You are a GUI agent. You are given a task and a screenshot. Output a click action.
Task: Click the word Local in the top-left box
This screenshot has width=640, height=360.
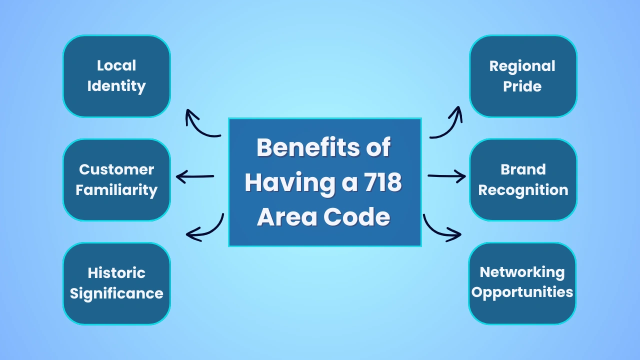pyautogui.click(x=116, y=65)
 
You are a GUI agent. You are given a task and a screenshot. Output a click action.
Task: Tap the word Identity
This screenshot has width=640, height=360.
pyautogui.click(x=116, y=86)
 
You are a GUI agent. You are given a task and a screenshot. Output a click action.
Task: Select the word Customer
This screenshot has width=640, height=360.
pyautogui.click(x=116, y=169)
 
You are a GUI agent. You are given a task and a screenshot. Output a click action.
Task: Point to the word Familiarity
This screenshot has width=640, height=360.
pyautogui.click(x=116, y=190)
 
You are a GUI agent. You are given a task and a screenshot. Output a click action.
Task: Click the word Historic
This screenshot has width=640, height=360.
pyautogui.click(x=116, y=273)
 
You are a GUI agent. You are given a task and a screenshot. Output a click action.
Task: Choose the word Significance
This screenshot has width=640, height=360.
pyautogui.click(x=116, y=293)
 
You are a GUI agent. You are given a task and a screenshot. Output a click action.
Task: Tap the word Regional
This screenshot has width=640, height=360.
pyautogui.click(x=522, y=66)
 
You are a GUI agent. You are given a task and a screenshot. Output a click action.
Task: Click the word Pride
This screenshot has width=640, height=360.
pyautogui.click(x=522, y=86)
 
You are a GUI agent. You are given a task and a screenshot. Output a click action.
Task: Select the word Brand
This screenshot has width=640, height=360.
pyautogui.click(x=523, y=169)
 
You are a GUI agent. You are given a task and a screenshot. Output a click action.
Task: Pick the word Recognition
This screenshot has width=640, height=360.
pyautogui.click(x=523, y=190)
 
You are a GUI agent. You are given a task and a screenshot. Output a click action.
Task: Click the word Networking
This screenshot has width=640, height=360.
pyautogui.click(x=522, y=272)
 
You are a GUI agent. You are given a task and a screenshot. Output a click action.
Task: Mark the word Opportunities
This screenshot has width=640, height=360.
pyautogui.click(x=522, y=292)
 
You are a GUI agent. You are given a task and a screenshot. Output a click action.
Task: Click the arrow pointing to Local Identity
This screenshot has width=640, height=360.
pyautogui.click(x=200, y=125)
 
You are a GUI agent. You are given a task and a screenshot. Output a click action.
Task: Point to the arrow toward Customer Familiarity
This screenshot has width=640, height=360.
pyautogui.click(x=195, y=176)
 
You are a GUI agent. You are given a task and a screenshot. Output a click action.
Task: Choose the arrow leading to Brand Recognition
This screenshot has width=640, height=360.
pyautogui.click(x=446, y=176)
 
